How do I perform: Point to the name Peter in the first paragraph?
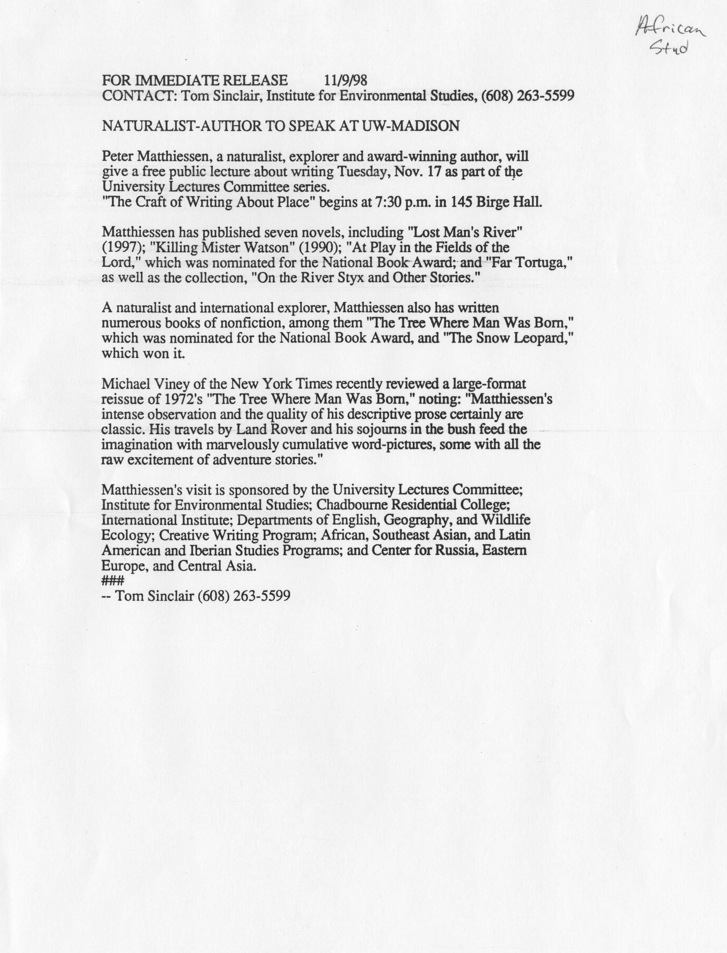pos(116,156)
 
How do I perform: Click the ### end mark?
pos(112,581)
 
